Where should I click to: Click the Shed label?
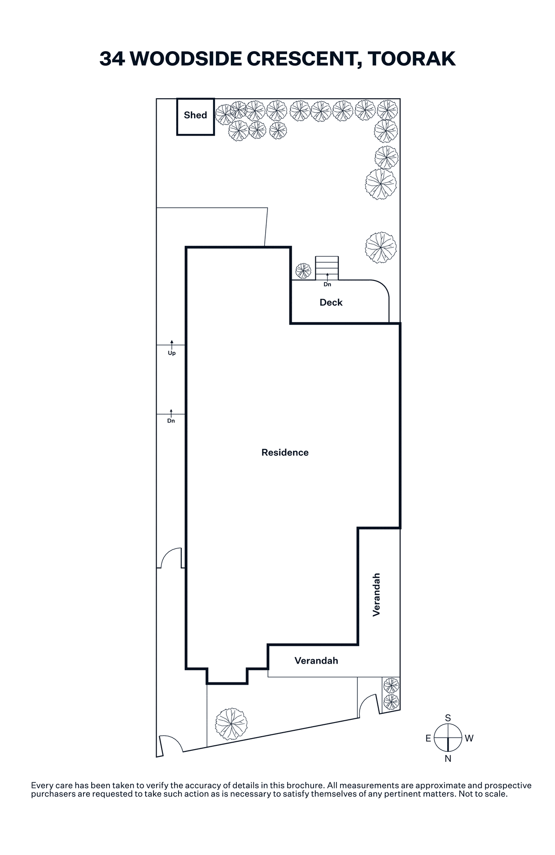(195, 115)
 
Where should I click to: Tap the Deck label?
(331, 302)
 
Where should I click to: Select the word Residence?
(285, 453)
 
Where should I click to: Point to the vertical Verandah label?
(377, 595)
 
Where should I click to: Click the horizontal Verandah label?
(316, 661)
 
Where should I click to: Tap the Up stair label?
(172, 353)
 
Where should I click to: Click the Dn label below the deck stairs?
(327, 285)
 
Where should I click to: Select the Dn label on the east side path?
(171, 421)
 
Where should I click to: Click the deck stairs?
(327, 268)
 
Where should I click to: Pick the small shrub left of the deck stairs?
(303, 271)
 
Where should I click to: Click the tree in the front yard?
(231, 724)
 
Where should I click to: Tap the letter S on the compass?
(448, 718)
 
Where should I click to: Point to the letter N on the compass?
(448, 759)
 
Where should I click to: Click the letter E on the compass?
(428, 739)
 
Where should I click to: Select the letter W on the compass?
(469, 738)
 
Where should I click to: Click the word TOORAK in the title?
(411, 59)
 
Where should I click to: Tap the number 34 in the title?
(112, 59)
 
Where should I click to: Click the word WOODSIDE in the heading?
(185, 59)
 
